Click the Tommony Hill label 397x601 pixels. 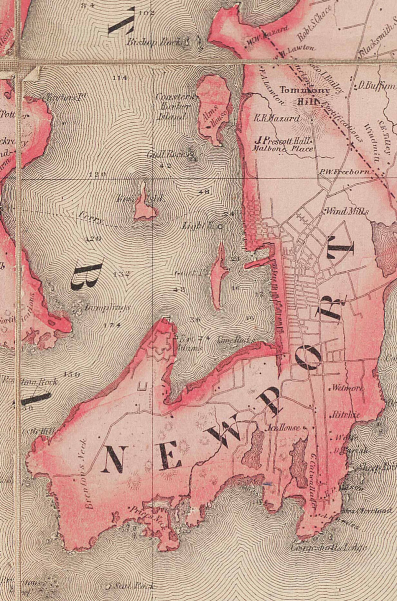(x=305, y=96)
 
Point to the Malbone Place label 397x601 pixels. (x=282, y=148)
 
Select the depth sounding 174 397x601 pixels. (x=112, y=325)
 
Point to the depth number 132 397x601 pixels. (x=121, y=274)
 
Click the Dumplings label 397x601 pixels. (x=106, y=308)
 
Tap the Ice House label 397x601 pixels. (x=284, y=428)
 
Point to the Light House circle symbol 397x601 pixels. (x=220, y=227)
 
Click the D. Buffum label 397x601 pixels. (x=375, y=86)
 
